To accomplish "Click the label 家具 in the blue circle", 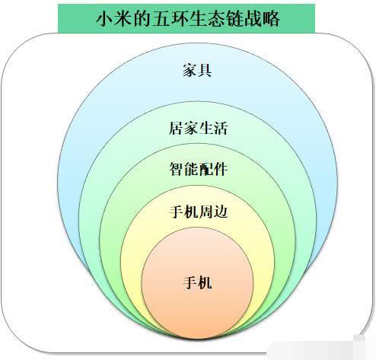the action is [x=197, y=70].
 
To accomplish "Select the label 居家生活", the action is [x=198, y=128].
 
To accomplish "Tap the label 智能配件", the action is [x=198, y=169].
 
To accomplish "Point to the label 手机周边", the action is [x=198, y=212].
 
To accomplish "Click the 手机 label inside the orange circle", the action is [x=197, y=282].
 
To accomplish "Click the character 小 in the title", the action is [x=104, y=18].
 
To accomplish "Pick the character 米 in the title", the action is [x=123, y=18].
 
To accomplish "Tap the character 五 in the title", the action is [x=160, y=18].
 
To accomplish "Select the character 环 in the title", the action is [x=179, y=18].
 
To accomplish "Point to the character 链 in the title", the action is [x=234, y=18].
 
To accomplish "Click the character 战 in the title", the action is [x=253, y=18].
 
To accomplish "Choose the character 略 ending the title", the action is [x=271, y=18].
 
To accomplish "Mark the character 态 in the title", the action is [x=215, y=18].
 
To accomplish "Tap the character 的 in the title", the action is [x=142, y=18].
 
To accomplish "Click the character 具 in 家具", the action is [x=205, y=70].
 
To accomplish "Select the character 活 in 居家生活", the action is [x=220, y=128].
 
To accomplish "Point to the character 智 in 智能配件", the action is [x=177, y=169].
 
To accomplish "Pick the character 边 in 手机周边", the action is [x=220, y=212].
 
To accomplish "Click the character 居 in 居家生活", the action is [x=177, y=128].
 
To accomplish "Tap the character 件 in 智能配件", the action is [x=220, y=169].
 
